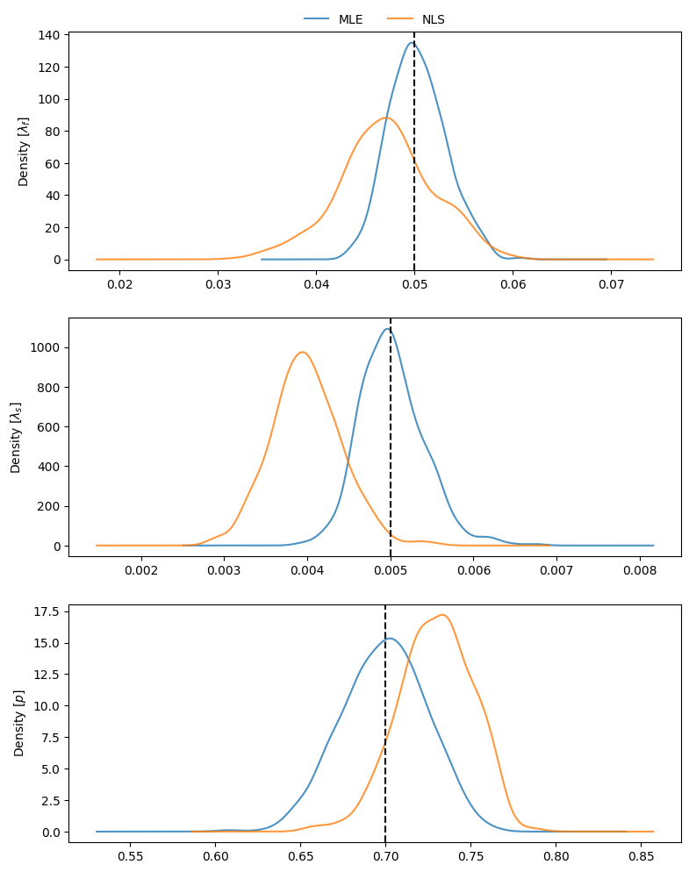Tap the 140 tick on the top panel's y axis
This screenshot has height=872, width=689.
(49, 35)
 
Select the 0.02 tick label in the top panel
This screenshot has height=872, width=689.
(119, 285)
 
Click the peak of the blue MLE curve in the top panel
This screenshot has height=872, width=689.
(412, 42)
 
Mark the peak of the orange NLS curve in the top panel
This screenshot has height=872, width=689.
(385, 118)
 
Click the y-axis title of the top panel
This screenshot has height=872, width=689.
(24, 151)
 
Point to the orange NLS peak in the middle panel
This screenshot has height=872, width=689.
(302, 352)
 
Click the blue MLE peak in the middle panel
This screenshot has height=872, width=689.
(387, 328)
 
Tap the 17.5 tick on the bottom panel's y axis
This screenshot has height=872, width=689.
(46, 611)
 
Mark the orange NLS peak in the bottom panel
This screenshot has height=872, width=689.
(443, 615)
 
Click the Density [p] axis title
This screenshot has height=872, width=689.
(19, 723)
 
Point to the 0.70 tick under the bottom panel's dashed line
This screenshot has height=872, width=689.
(385, 857)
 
